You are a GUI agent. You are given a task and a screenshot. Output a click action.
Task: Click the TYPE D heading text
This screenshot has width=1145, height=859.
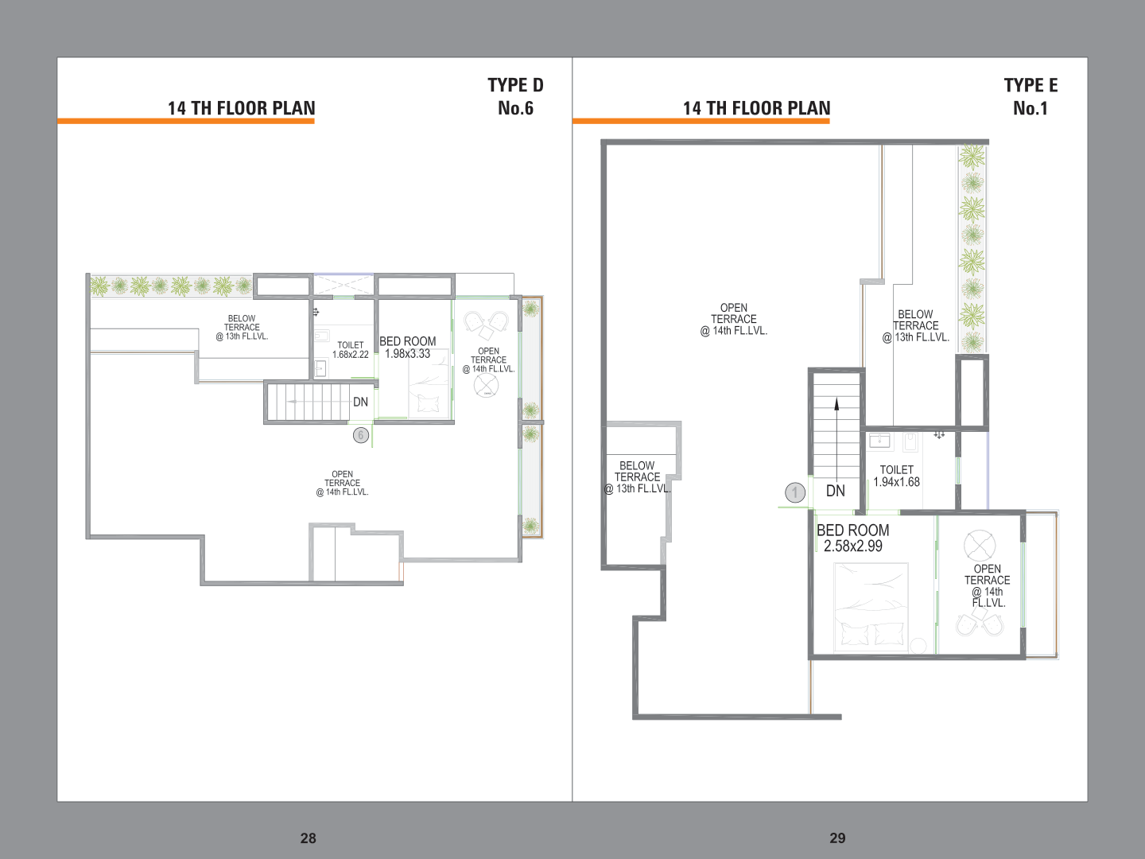point(515,85)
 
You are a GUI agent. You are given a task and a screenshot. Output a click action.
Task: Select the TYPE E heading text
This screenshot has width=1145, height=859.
point(1030,85)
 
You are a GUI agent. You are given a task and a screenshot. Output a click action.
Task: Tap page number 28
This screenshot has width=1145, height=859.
point(309,838)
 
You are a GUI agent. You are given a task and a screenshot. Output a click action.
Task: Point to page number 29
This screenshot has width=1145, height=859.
point(837,838)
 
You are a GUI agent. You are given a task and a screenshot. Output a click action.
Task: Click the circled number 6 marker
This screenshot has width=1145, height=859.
point(361,435)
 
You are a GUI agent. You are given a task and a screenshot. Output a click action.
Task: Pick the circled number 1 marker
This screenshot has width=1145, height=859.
point(795,492)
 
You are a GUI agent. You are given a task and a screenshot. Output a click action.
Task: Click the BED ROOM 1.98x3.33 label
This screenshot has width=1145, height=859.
point(407,348)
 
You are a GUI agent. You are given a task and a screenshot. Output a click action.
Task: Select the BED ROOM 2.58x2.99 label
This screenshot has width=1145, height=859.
point(853,538)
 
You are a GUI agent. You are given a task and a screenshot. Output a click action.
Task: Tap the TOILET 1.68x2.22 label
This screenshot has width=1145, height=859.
point(351,350)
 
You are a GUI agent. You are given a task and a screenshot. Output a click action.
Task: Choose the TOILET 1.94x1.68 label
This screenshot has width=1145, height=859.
point(897,476)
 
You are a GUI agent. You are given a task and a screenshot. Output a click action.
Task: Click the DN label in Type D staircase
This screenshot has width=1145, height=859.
point(360,402)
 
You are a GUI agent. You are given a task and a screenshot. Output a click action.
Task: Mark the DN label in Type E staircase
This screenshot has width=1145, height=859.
point(836,491)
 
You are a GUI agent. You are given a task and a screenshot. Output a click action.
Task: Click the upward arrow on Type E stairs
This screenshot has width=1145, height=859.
point(836,439)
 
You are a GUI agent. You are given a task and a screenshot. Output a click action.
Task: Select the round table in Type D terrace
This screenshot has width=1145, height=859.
point(486,386)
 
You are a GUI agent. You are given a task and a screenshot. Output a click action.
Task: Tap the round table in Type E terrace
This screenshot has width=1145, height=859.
point(980,546)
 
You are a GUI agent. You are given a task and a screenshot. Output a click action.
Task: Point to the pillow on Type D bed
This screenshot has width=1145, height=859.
point(428,404)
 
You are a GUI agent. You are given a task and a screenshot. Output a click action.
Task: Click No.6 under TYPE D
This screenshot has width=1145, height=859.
point(515,108)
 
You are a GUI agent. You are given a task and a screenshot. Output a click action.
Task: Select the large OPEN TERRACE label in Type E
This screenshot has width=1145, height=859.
point(733,319)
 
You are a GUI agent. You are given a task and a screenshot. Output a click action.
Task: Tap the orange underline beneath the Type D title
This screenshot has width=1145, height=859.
point(186,121)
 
